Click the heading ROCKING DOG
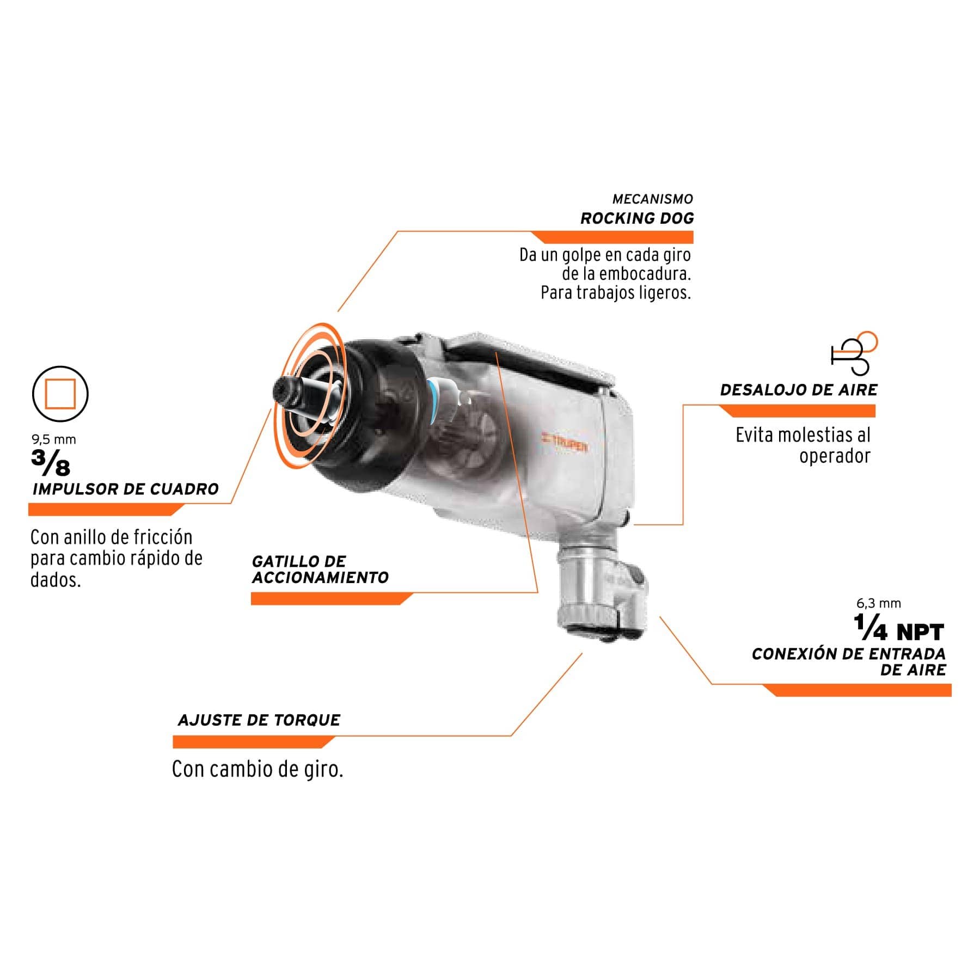click(x=637, y=218)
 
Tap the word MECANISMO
click(x=653, y=199)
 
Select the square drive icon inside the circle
click(x=60, y=394)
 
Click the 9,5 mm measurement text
click(x=53, y=439)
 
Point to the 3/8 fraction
click(x=51, y=463)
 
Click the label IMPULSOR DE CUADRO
click(x=125, y=489)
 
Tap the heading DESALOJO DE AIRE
click(x=799, y=390)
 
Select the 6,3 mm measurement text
click(x=879, y=603)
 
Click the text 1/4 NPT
click(x=899, y=628)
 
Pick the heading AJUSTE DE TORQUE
click(x=259, y=720)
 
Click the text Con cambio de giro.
click(x=258, y=770)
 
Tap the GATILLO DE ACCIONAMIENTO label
click(x=320, y=569)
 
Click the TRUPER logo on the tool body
click(x=565, y=445)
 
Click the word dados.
click(x=56, y=579)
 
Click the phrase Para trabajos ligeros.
click(x=616, y=293)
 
